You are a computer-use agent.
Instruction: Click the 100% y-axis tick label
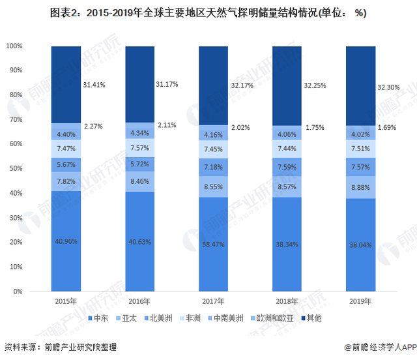click(14, 46)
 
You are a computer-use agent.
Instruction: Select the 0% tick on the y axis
click(18, 291)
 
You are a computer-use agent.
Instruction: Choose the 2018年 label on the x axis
click(287, 301)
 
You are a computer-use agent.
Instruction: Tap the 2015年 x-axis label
click(66, 301)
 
